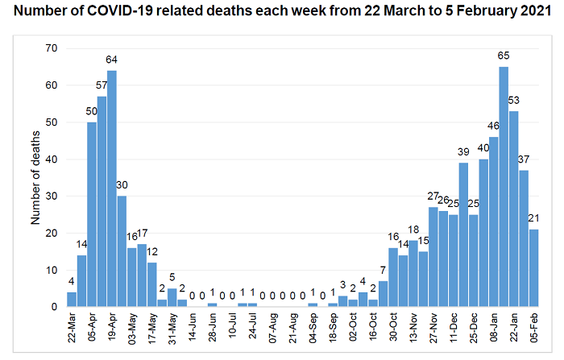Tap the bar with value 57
click(102, 201)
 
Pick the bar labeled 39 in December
click(463, 234)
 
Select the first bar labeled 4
click(72, 299)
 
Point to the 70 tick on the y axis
click(52, 48)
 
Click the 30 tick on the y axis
click(52, 196)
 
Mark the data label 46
click(493, 126)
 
